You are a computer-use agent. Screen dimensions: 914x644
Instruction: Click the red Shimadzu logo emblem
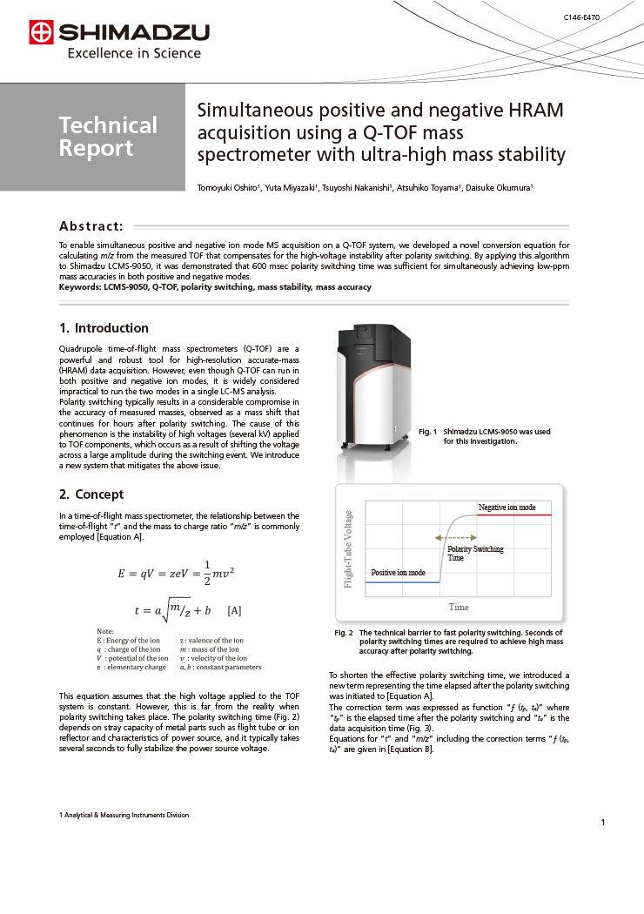[41, 33]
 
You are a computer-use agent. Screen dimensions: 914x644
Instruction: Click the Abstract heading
[91, 225]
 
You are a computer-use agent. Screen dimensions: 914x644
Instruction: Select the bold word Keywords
[79, 287]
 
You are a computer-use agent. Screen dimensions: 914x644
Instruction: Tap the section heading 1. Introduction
[104, 328]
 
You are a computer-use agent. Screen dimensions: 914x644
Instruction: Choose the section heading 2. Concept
[91, 494]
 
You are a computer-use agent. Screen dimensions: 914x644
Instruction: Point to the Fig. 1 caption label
[426, 432]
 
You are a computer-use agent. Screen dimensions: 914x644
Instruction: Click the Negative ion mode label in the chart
[506, 507]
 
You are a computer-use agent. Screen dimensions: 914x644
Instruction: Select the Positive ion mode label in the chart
[399, 572]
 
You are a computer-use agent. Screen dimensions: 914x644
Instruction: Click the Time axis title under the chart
[458, 606]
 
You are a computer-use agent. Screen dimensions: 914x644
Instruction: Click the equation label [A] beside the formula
[233, 611]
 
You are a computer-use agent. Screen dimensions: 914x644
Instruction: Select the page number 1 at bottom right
[602, 822]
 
